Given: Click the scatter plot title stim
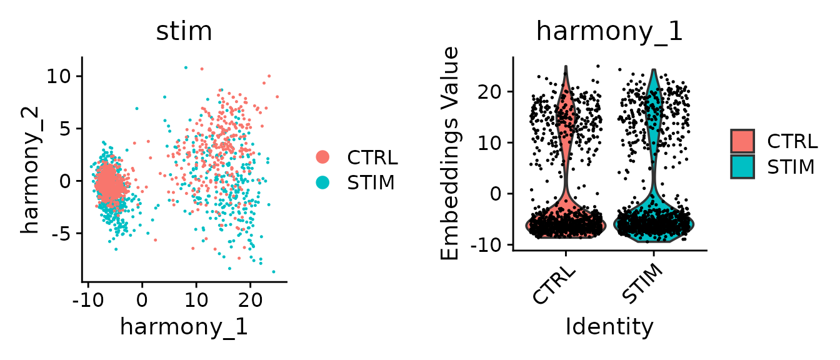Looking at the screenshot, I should (x=184, y=31).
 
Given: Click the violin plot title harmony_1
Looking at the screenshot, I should (x=609, y=31).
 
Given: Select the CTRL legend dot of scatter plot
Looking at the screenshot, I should (x=323, y=157).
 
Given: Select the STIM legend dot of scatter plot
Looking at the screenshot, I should (x=323, y=182).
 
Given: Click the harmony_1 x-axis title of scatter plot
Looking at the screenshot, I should (x=184, y=327).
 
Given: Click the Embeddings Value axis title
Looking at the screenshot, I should (x=450, y=153).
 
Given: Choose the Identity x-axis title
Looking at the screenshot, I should (x=609, y=327).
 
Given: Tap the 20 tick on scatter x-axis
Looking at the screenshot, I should (x=250, y=298).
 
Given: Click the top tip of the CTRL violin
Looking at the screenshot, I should (x=566, y=67).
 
